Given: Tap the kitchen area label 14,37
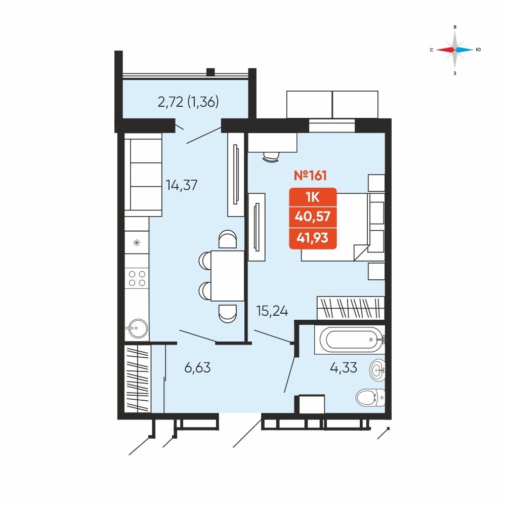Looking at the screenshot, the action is pos(181,185).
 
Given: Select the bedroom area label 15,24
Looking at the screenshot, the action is pos(272,311).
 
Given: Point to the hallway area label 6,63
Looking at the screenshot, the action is pos(197,367).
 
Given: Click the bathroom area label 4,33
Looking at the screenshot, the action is pos(344,367).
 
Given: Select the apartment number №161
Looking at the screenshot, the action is pos(310,176).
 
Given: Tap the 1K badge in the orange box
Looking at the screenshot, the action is pos(312,197).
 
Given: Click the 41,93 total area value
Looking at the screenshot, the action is pos(312,238).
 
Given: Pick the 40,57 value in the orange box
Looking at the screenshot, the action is pos(312,217).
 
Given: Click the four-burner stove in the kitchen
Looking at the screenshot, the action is pos(137,278).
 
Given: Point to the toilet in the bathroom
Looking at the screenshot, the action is pos(370,398).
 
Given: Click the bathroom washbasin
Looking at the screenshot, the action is pos(377,370).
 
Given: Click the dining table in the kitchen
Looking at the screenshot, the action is pos(228,276).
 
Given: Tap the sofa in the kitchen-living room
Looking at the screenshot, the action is pos(143,175).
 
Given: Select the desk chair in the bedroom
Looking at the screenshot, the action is pos(271,157).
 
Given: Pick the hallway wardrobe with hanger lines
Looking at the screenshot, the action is pos(138,378).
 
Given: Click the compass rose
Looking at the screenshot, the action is pos(455,50).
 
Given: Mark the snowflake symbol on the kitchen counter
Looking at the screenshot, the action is pos(137,242).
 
